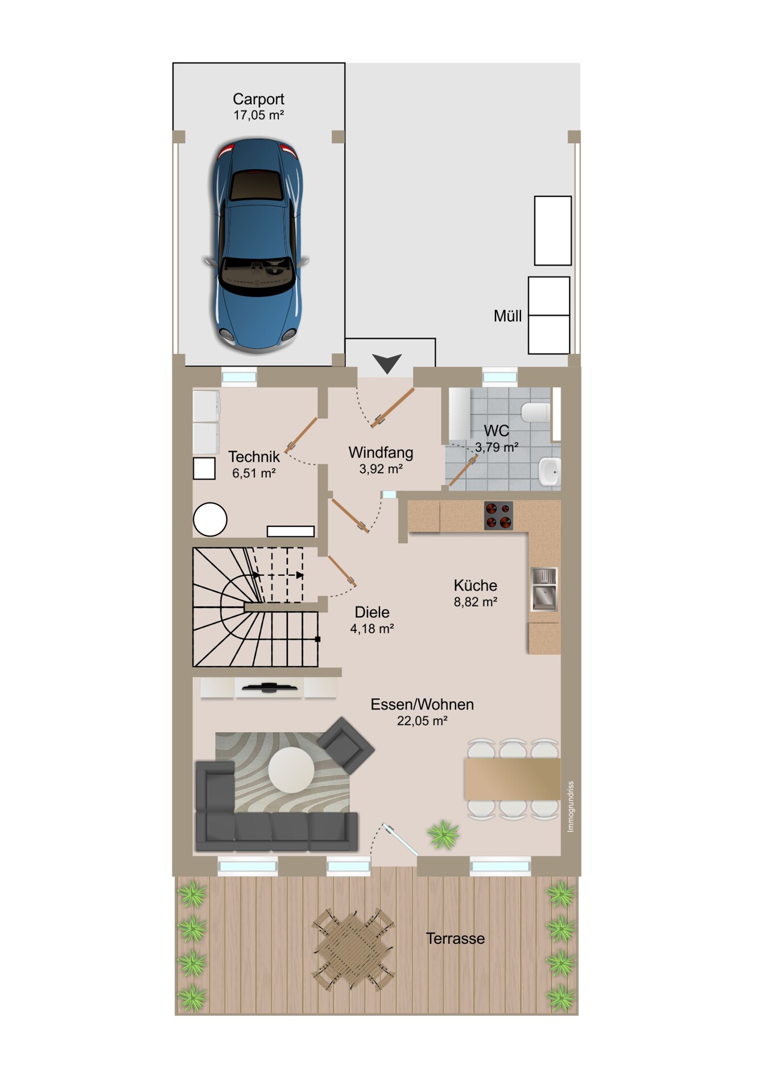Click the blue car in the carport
click(257, 246)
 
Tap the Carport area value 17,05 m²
click(258, 115)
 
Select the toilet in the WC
click(536, 412)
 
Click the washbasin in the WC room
click(550, 472)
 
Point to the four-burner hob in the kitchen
click(498, 515)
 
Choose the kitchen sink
click(544, 589)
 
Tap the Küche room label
click(476, 585)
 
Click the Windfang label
click(381, 453)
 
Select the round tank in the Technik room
click(210, 519)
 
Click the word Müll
click(507, 316)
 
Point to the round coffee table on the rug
click(291, 769)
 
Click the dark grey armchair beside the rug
click(346, 745)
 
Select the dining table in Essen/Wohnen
click(512, 778)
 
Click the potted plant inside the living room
click(443, 835)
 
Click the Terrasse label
click(455, 938)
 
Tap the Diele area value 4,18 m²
click(372, 629)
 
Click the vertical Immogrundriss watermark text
click(571, 806)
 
